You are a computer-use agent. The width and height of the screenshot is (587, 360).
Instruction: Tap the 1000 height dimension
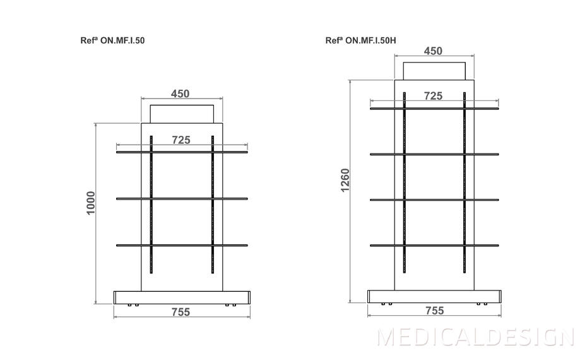click(x=91, y=203)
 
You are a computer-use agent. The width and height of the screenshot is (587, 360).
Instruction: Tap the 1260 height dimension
click(x=345, y=180)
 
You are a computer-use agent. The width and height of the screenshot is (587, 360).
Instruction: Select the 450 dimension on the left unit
click(x=180, y=93)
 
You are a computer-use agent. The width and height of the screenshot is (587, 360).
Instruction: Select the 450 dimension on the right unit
click(x=433, y=51)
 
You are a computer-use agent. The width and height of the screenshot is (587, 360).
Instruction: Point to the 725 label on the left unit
click(x=181, y=140)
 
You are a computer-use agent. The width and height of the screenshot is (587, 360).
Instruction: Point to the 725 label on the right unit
click(x=433, y=96)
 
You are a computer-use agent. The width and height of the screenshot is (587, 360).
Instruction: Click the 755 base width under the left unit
click(x=181, y=312)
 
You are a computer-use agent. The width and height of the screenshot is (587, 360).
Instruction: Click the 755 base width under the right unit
click(x=435, y=311)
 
